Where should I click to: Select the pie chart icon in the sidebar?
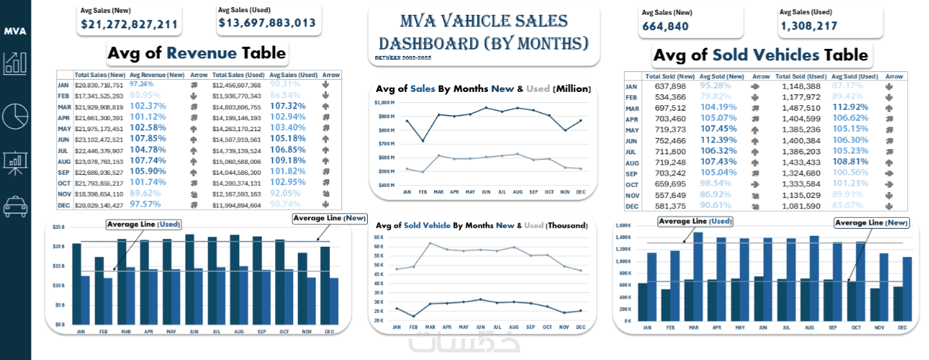15,115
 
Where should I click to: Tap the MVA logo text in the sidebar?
15,31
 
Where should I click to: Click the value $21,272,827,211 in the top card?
129,24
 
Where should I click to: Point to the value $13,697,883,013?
267,23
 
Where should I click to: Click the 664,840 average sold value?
665,26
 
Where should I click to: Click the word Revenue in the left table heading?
203,53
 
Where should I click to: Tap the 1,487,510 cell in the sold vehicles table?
802,108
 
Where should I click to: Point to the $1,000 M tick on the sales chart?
384,103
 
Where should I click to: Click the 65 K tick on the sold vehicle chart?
378,237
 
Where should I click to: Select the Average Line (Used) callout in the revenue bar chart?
143,224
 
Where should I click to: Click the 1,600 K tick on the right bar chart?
624,226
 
